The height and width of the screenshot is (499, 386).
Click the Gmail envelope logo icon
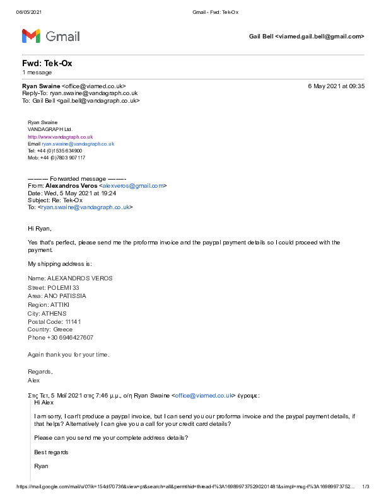[32, 36]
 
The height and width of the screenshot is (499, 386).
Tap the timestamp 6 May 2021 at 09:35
[336, 86]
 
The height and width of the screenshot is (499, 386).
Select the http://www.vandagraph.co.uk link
[60, 137]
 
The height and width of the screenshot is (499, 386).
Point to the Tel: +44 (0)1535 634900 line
[55, 151]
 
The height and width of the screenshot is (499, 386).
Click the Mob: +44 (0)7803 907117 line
[56, 158]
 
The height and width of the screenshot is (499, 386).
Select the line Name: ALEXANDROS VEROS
[71, 278]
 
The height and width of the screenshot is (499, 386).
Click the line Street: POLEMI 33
[54, 287]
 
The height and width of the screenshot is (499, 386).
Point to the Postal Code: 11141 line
[54, 321]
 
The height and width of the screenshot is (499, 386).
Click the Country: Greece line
[50, 330]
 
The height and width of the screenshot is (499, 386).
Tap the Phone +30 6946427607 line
[61, 338]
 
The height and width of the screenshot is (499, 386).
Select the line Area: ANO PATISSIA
[57, 295]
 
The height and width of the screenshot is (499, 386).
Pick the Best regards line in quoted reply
[51, 452]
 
